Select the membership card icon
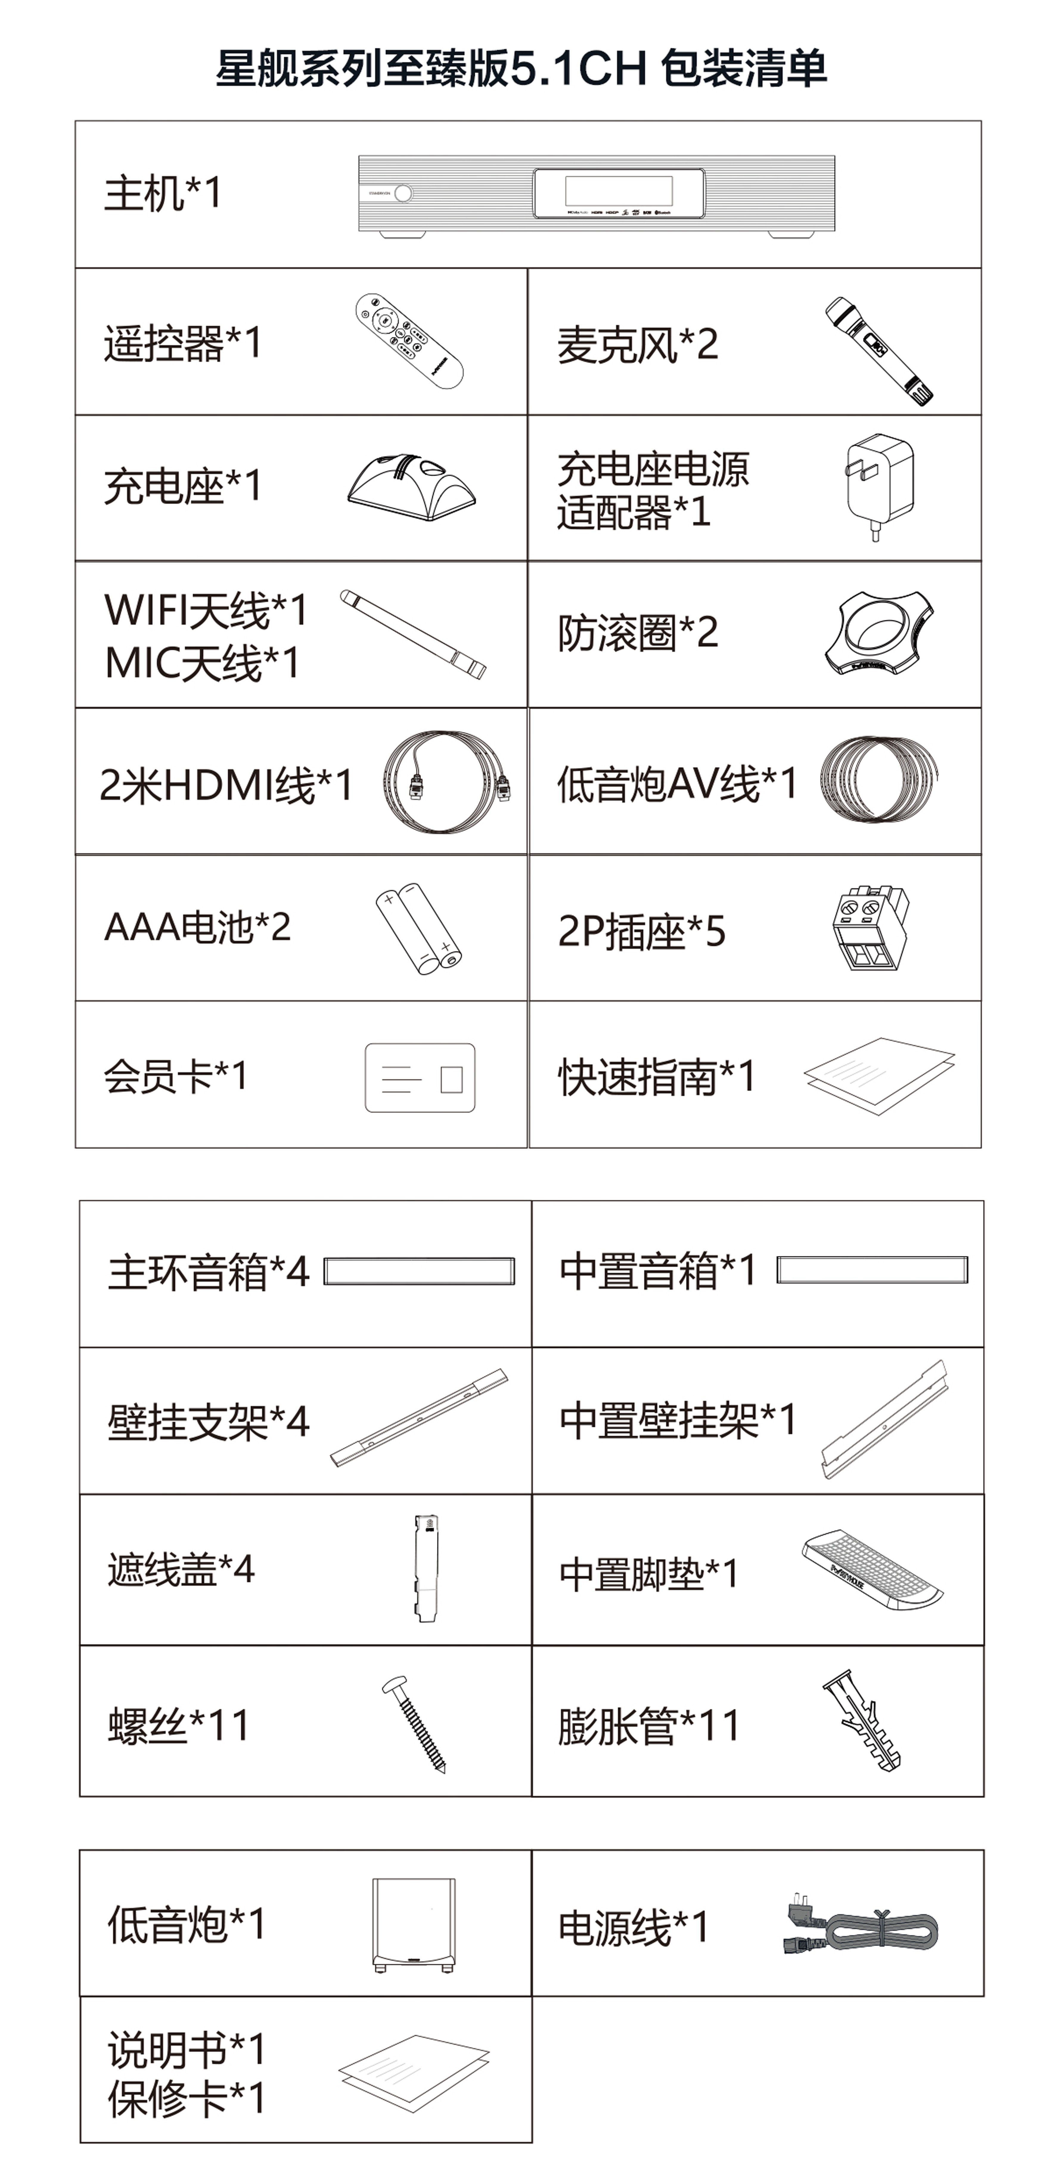pyautogui.click(x=420, y=1077)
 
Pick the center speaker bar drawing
pyautogui.click(x=872, y=1270)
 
